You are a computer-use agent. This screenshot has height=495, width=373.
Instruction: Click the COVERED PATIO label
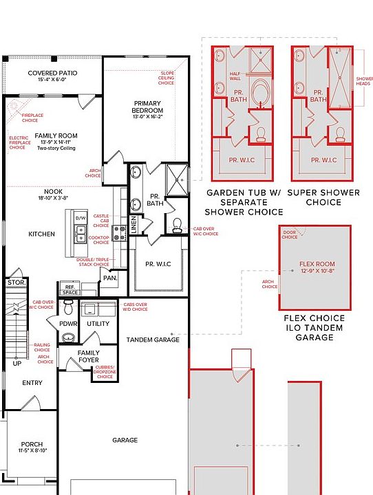[x=52, y=73]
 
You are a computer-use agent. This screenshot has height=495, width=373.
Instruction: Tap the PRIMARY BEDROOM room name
[x=148, y=107]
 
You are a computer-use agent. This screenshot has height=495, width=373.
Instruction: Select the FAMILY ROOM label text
[x=56, y=136]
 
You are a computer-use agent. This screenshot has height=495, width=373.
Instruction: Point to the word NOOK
[x=53, y=192]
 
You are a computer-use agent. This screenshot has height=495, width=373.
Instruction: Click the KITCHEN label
[x=41, y=234]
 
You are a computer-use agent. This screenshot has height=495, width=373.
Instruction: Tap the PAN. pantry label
[x=109, y=278]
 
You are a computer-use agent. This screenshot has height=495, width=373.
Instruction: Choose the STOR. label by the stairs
[x=15, y=283]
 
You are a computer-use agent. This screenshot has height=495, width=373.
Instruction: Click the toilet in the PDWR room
[x=68, y=338]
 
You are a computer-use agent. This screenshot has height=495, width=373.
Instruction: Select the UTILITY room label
[x=98, y=323]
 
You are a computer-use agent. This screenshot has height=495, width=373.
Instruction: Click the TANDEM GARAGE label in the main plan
[x=153, y=340]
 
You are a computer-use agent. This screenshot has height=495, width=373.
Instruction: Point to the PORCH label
[x=32, y=444]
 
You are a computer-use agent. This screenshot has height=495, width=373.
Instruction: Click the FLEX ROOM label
[x=317, y=264]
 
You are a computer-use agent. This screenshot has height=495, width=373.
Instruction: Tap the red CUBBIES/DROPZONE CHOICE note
[x=105, y=371]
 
